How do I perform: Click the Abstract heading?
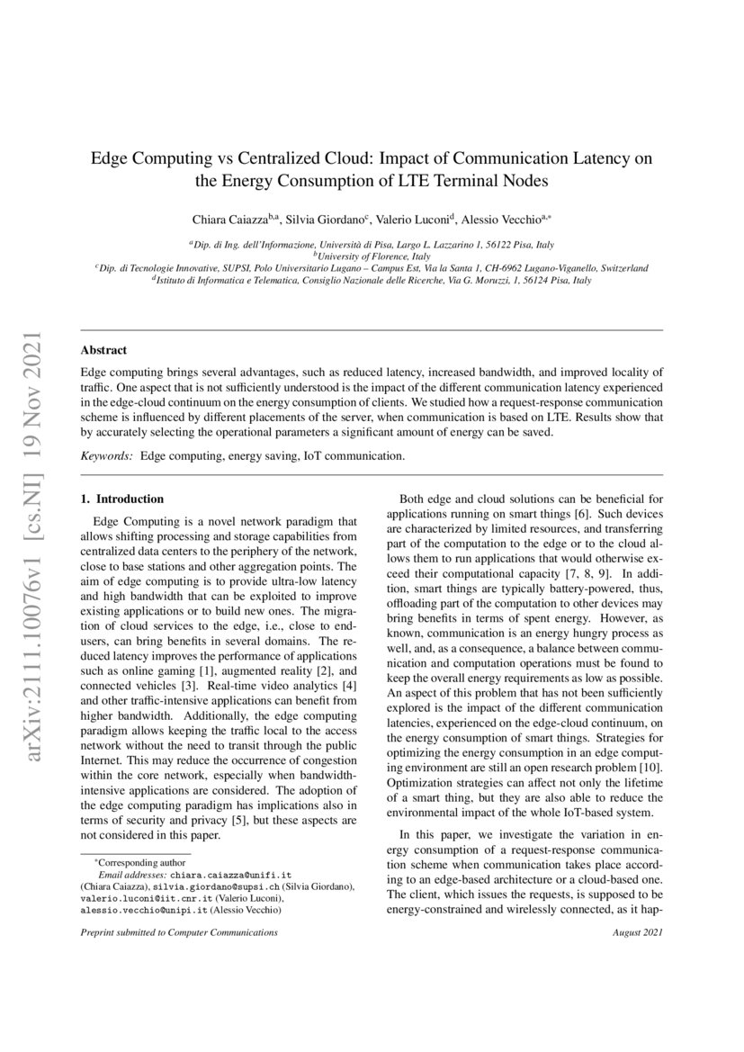point(103,350)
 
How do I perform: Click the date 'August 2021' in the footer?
point(635,933)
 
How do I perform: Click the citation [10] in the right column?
point(652,769)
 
